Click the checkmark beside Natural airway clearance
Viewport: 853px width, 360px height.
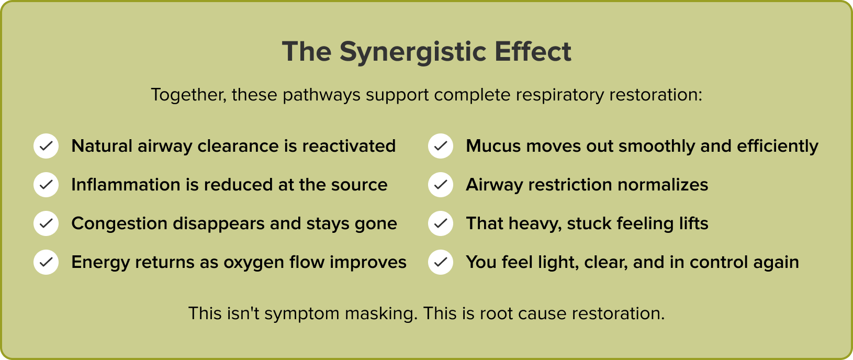click(x=46, y=146)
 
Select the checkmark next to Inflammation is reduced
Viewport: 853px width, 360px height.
click(x=46, y=185)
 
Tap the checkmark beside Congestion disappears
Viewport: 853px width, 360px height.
click(x=46, y=223)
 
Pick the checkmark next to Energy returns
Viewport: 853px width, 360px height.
click(x=46, y=262)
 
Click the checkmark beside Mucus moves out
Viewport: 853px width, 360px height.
click(x=441, y=146)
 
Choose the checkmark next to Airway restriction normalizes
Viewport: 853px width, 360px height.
click(x=441, y=185)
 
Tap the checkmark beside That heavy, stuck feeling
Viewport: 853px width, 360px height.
click(x=441, y=223)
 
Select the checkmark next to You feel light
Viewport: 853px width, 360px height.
click(x=441, y=262)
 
